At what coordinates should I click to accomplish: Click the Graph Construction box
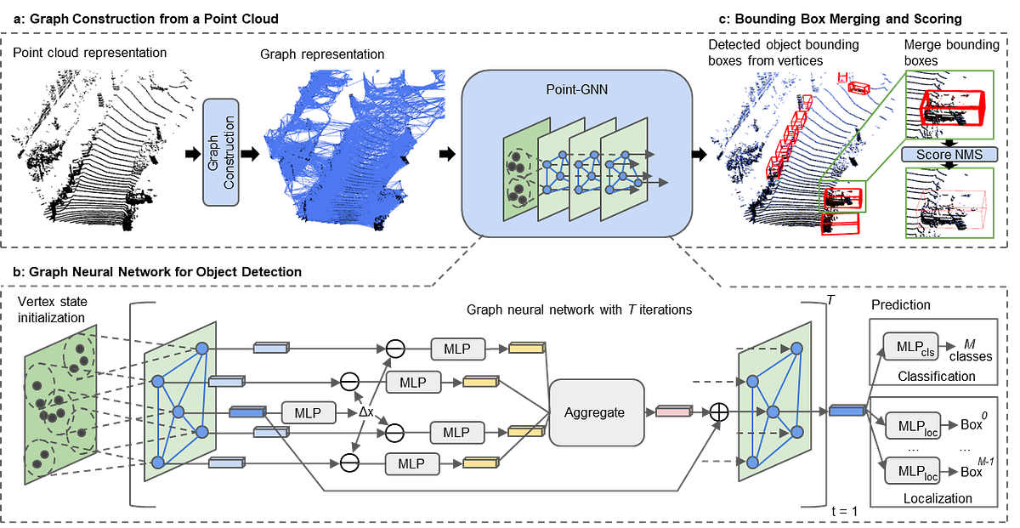(222, 151)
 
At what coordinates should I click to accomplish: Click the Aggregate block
(594, 412)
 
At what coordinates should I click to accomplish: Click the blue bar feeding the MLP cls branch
(847, 412)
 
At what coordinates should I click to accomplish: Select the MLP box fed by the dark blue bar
(308, 413)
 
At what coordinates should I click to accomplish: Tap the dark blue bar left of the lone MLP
(246, 413)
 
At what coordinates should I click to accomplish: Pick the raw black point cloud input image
(104, 151)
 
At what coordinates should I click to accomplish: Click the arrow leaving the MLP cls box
(949, 347)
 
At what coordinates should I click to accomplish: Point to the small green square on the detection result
(843, 197)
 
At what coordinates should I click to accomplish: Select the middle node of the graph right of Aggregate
(773, 412)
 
